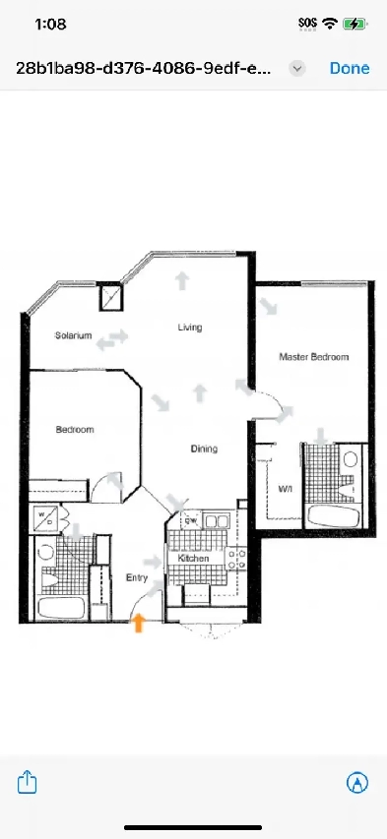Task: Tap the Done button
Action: click(x=350, y=68)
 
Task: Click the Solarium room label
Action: click(x=74, y=335)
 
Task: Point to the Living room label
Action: click(x=190, y=327)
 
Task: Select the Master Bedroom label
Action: click(x=313, y=357)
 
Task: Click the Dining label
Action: click(x=204, y=449)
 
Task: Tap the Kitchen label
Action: click(x=192, y=559)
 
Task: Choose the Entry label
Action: click(x=135, y=577)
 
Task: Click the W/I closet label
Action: click(x=286, y=488)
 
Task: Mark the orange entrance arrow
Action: click(x=139, y=623)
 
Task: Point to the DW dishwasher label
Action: click(x=189, y=521)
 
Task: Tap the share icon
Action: click(x=29, y=782)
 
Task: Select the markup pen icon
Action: click(x=357, y=782)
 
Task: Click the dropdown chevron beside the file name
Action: click(x=298, y=68)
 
